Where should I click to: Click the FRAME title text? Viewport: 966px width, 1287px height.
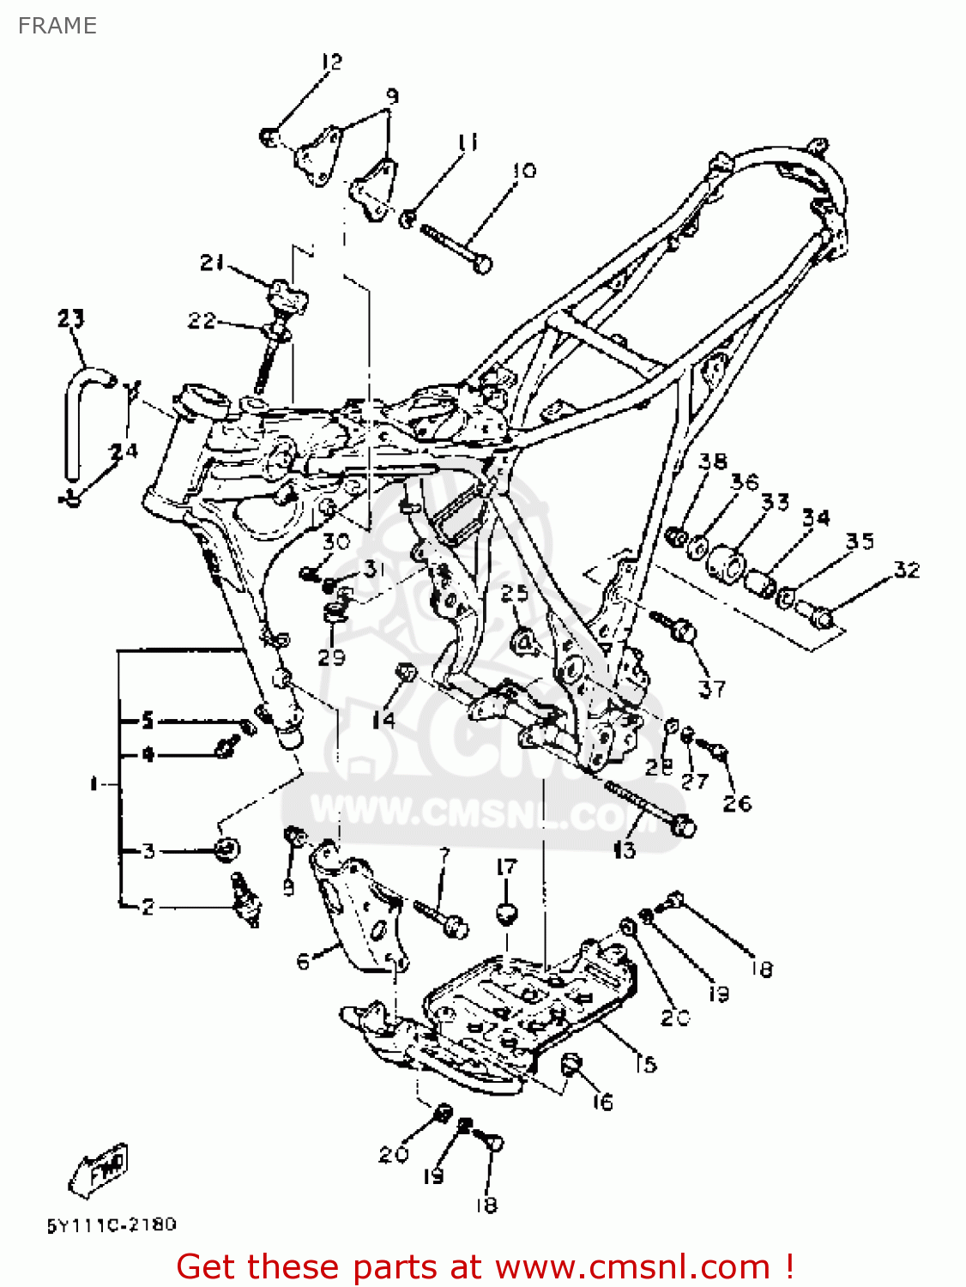(57, 26)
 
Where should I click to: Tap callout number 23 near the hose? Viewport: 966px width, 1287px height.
(71, 319)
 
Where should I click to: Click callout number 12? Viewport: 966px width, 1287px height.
(331, 62)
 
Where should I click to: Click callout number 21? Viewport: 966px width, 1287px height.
(211, 262)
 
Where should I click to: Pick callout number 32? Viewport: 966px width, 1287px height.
(906, 570)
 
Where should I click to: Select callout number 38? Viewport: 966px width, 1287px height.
(712, 462)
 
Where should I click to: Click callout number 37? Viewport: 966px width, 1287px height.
(711, 688)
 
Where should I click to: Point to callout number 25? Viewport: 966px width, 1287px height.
(515, 593)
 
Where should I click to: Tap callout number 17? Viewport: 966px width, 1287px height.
(507, 867)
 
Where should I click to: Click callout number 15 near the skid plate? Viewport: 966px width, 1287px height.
(645, 1064)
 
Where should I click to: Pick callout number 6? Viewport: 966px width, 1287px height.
(303, 962)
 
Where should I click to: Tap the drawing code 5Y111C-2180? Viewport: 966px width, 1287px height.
(111, 1224)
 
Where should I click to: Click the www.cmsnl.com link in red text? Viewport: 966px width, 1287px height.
(632, 1266)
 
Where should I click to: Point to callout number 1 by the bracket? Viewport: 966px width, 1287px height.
(94, 783)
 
